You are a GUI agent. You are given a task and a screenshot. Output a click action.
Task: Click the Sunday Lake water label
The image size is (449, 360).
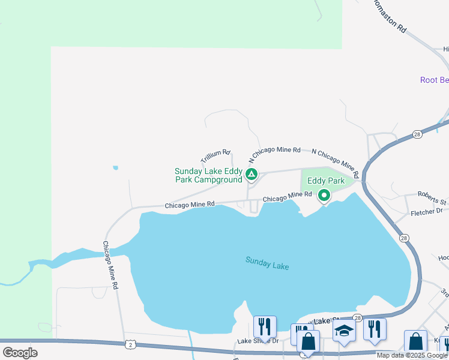pyautogui.click(x=267, y=263)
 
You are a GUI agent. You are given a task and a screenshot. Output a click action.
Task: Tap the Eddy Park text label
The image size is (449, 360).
pyautogui.click(x=326, y=181)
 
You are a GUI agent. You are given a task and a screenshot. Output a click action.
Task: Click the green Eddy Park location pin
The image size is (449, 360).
pyautogui.click(x=324, y=195)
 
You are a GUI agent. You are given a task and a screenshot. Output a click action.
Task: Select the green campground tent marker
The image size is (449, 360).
pyautogui.click(x=252, y=175)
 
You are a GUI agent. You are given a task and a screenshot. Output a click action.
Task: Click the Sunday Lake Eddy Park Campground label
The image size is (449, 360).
pyautogui.click(x=208, y=175)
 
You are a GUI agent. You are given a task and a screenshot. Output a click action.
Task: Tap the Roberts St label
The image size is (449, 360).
pyautogui.click(x=433, y=195)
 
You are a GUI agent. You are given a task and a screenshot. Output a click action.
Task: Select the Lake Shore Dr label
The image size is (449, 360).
pyautogui.click(x=258, y=341)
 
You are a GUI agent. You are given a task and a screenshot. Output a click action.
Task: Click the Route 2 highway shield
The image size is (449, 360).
pyautogui.click(x=130, y=344)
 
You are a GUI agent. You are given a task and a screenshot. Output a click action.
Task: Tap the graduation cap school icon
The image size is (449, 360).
pyautogui.click(x=344, y=331)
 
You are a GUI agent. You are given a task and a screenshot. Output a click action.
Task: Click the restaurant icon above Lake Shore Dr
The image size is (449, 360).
pyautogui.click(x=265, y=326)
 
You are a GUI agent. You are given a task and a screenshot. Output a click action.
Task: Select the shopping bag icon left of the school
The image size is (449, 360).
pyautogui.click(x=308, y=342)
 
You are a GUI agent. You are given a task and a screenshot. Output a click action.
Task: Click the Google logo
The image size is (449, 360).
pyautogui.click(x=20, y=353)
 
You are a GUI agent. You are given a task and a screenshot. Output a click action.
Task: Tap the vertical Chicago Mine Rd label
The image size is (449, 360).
pyautogui.click(x=110, y=266)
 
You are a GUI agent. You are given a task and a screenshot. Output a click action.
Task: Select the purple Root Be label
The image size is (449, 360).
pyautogui.click(x=434, y=80)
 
